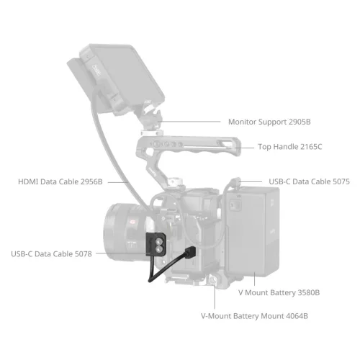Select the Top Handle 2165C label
[x=290, y=147]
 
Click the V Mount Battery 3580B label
[x=279, y=292]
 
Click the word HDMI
[x=30, y=182]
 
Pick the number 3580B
[x=306, y=292]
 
